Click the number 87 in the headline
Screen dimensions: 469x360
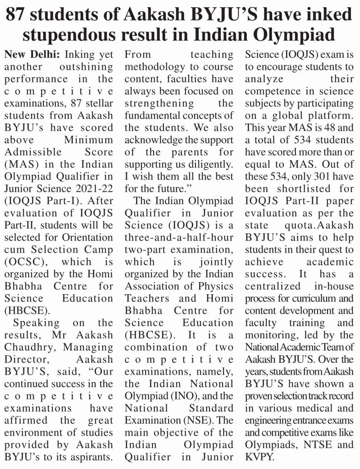[18, 15]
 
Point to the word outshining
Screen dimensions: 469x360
[82, 67]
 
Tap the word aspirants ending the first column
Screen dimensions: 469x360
[91, 457]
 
